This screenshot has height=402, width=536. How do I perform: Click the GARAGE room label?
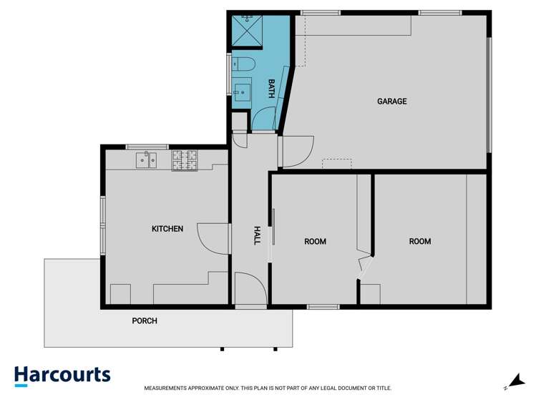click(391, 102)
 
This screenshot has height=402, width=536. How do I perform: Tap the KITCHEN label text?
click(167, 229)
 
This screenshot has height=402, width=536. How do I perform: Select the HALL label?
click(257, 235)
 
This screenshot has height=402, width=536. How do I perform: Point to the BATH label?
click(271, 89)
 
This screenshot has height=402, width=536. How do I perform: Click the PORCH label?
click(145, 321)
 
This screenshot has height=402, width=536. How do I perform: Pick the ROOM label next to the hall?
click(315, 242)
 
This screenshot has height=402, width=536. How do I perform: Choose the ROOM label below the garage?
click(420, 242)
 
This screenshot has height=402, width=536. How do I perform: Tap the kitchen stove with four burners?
click(184, 160)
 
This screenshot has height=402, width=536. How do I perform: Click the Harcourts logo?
click(63, 376)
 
